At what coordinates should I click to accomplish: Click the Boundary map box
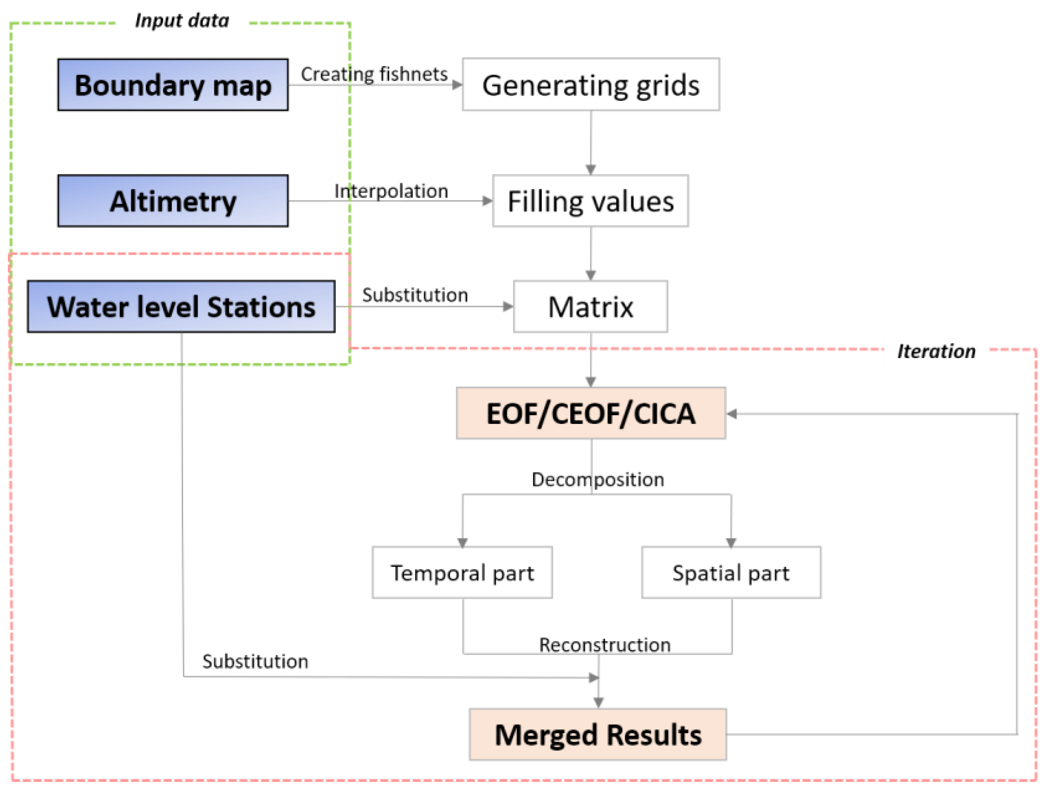173,85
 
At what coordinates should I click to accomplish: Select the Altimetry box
173,201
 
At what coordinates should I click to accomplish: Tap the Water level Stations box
181,306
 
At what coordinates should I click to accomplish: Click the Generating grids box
590,85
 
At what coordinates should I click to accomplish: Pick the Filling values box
590,201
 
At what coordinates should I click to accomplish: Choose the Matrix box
590,306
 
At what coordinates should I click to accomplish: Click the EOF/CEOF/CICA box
590,413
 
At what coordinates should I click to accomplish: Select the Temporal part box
462,573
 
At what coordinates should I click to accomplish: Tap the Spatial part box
731,573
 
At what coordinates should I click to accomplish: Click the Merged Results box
597,734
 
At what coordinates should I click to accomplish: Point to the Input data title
182,21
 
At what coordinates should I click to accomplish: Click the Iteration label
936,351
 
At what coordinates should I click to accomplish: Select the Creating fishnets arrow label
374,74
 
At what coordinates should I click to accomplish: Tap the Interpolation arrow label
391,191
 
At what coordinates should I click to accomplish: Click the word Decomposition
597,480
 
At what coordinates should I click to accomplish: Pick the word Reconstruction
604,645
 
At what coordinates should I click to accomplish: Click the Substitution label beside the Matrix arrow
415,295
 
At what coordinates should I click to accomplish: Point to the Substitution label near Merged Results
255,662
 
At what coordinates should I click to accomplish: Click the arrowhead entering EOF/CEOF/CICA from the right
732,414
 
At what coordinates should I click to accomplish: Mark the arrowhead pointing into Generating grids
457,85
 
